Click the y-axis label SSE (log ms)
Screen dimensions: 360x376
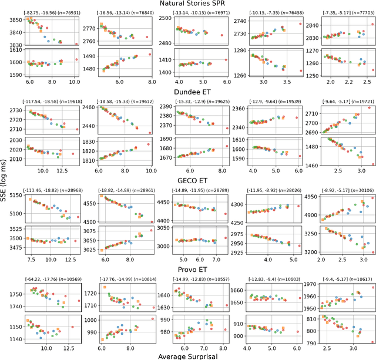[5, 180]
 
